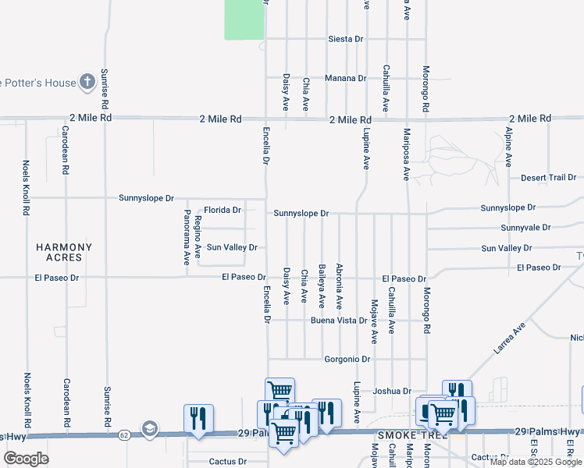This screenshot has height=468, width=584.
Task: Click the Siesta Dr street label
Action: [346, 38]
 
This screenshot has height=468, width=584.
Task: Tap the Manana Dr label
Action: [346, 78]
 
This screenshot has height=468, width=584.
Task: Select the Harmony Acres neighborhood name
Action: [64, 252]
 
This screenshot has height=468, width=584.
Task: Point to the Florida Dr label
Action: [223, 210]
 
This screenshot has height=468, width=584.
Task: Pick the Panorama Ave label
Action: [187, 237]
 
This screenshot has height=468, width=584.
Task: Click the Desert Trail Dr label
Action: [548, 177]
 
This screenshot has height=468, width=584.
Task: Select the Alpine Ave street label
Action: [508, 147]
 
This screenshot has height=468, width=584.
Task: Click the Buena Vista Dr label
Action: [339, 321]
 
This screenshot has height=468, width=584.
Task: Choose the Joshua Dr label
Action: [392, 391]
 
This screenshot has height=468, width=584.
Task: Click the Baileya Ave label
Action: [322, 286]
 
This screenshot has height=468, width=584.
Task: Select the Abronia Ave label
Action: [339, 287]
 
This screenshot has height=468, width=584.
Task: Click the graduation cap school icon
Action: [149, 428]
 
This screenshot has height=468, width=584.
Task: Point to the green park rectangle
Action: [244, 19]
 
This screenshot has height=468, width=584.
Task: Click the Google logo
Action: [27, 459]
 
